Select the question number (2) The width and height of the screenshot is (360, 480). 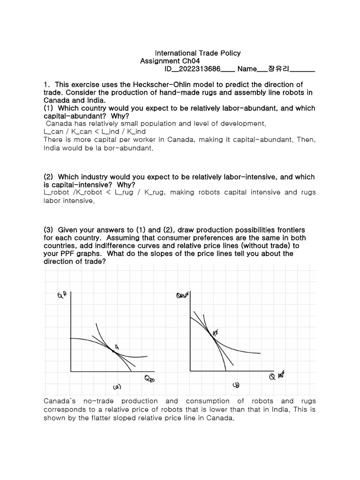click(x=49, y=177)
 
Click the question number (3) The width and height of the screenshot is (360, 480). click(x=49, y=230)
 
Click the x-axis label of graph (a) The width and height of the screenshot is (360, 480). click(x=149, y=378)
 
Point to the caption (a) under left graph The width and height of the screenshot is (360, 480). click(x=117, y=387)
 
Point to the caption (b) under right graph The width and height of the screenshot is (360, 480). click(x=236, y=386)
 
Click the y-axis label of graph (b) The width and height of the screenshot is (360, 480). click(x=182, y=296)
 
